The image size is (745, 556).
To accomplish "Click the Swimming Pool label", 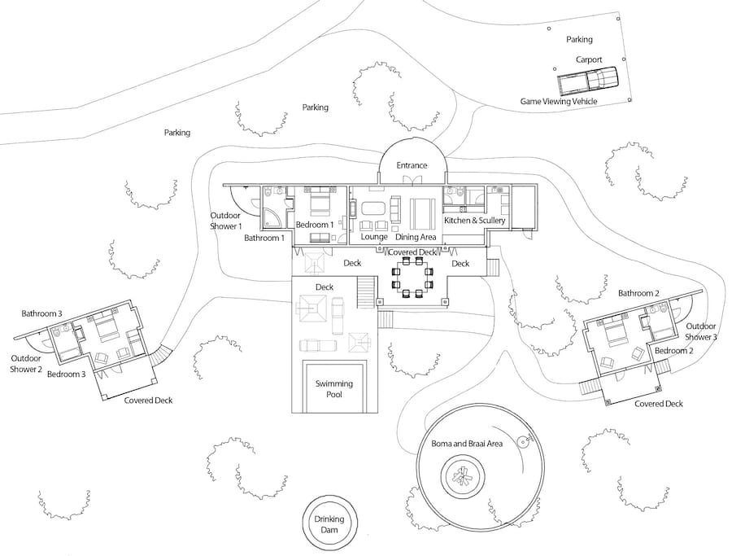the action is [x=334, y=388].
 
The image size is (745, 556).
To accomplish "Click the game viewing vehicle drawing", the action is [x=588, y=80].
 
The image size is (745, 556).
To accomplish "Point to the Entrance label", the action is [x=412, y=165].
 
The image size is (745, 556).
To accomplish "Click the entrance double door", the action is [x=412, y=179].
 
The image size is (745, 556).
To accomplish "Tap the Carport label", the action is [x=589, y=59].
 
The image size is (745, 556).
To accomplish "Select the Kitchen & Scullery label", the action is [x=475, y=221].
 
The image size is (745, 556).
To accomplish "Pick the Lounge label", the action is [x=374, y=236].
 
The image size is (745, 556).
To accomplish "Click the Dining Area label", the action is [x=416, y=237].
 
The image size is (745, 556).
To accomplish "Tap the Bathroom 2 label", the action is [x=638, y=293].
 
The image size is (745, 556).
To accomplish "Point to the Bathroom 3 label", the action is [x=41, y=313].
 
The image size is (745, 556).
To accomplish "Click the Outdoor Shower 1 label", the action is [x=226, y=221].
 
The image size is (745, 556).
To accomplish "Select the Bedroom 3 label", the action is [x=67, y=374].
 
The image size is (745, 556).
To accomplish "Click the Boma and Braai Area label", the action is [x=467, y=444].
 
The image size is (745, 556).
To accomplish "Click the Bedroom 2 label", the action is [x=674, y=351].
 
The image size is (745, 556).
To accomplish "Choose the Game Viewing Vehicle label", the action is [x=559, y=101].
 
